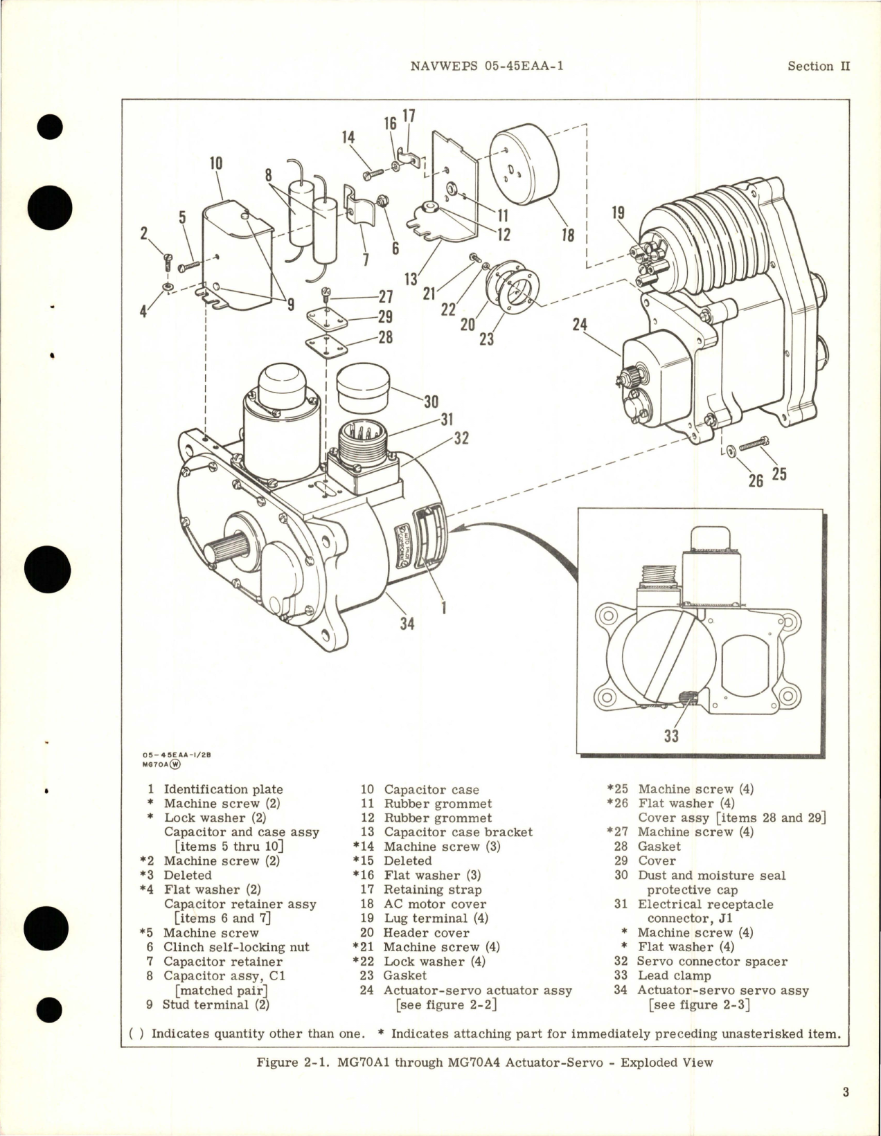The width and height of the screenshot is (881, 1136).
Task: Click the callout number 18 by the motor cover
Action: (x=567, y=235)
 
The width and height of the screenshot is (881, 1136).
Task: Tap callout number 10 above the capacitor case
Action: (x=216, y=163)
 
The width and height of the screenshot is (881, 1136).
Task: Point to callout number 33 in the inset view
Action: (x=671, y=735)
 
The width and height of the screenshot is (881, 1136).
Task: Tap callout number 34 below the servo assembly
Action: (x=407, y=623)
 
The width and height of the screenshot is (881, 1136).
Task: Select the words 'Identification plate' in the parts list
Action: (x=223, y=789)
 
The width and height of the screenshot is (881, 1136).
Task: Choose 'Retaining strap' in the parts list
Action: (x=432, y=890)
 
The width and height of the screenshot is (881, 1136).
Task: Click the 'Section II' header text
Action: (x=819, y=66)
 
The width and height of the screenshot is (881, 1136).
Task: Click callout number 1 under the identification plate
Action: (x=443, y=608)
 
